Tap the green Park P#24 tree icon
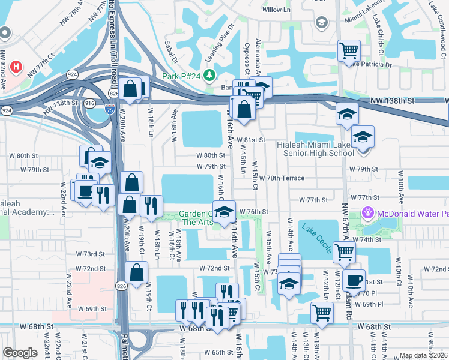[x=209, y=76]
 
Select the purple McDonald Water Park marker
[x=368, y=213]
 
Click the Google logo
[x=20, y=353]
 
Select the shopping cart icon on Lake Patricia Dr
[x=349, y=50]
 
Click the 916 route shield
[x=89, y=103]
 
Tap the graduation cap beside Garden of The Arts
[x=224, y=213]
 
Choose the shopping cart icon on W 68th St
[x=322, y=312]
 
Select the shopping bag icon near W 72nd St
[x=137, y=272]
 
